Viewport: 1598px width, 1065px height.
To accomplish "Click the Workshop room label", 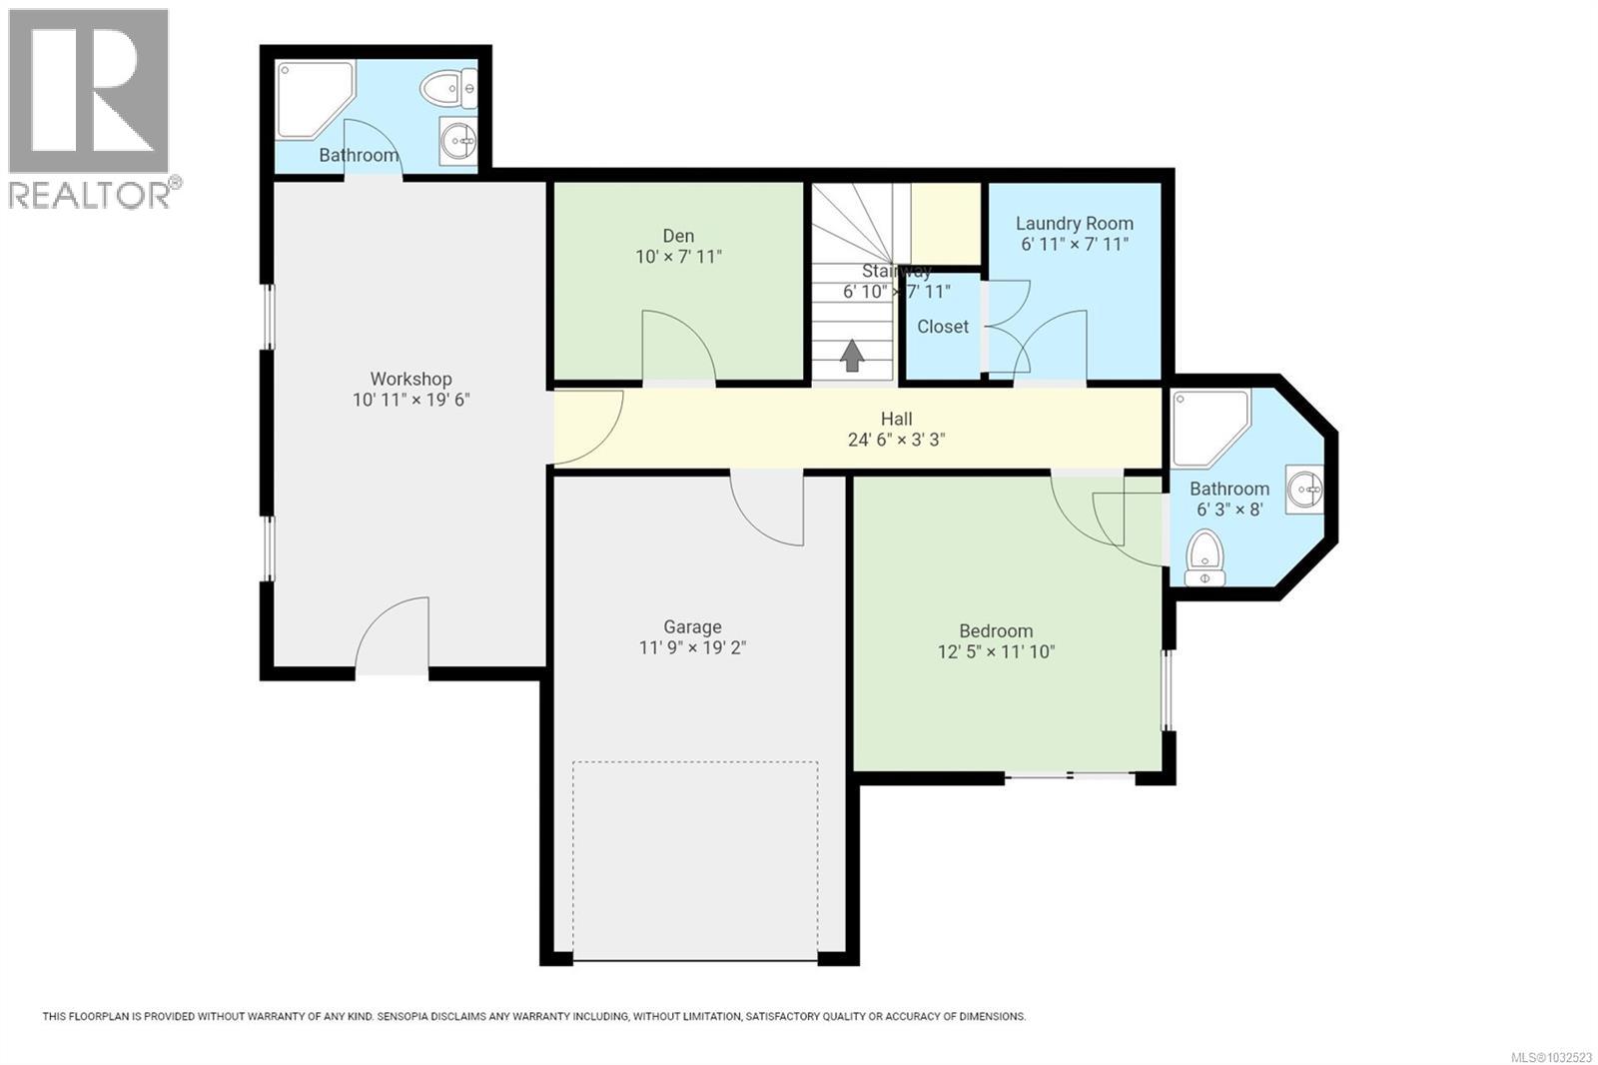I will click(x=410, y=379).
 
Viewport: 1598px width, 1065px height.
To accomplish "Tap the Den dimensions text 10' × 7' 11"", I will click(x=678, y=257).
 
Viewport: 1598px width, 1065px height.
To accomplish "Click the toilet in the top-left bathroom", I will click(x=449, y=89).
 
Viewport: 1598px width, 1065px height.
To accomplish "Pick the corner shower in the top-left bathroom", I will click(x=311, y=97).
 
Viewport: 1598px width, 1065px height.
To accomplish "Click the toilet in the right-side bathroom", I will click(x=1204, y=556).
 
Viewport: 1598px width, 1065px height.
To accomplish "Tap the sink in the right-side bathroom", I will click(x=1304, y=490).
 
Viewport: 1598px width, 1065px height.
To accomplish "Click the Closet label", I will click(x=943, y=327).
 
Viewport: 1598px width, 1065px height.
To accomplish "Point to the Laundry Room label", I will click(x=1074, y=224).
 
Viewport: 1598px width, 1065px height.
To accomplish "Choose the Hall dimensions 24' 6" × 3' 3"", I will click(x=896, y=440).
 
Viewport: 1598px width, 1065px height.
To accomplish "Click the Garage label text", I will click(x=692, y=626).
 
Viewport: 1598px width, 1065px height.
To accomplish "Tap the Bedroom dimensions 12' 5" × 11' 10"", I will click(x=995, y=652).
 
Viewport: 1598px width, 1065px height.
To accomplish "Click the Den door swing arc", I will click(x=679, y=345).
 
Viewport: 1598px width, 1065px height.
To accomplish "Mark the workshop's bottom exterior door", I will click(x=392, y=634).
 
